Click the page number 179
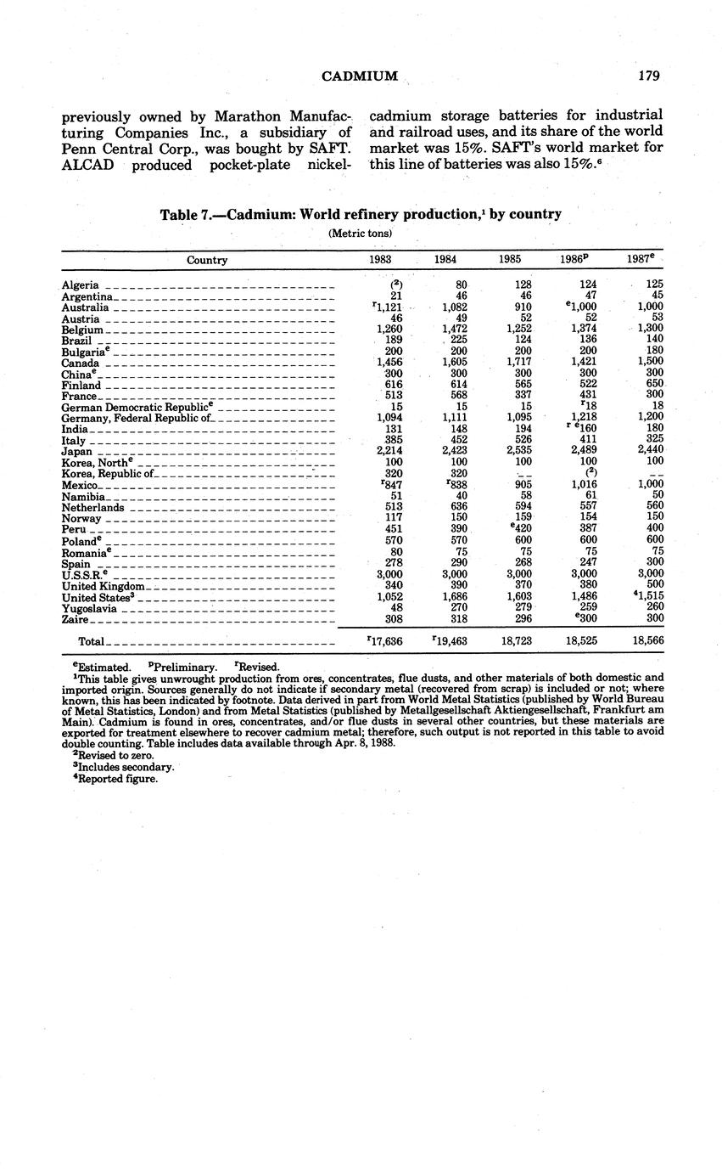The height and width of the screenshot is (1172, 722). (x=649, y=76)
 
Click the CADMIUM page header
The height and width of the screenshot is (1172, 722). (x=361, y=76)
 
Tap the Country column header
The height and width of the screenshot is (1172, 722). (x=207, y=261)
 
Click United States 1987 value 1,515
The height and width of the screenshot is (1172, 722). (x=647, y=597)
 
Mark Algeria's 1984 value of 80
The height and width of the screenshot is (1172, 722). (x=462, y=285)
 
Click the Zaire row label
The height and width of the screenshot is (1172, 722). (x=76, y=620)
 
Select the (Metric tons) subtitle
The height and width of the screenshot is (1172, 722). (x=361, y=234)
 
